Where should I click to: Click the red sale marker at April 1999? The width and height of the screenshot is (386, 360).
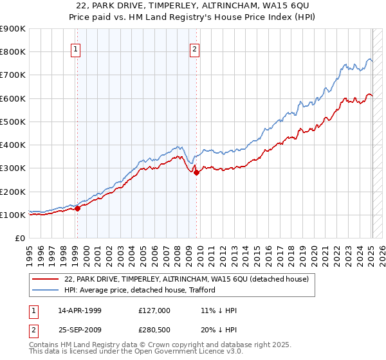coord(77,208)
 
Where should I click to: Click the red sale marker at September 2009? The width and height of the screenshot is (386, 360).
coord(196,172)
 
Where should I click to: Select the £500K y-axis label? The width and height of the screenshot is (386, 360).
coord(13,122)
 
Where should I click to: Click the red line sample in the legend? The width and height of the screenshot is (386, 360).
coord(45,279)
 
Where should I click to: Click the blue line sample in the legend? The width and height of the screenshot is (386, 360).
coord(45,290)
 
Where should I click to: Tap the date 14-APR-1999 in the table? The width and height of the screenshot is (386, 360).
coord(80,310)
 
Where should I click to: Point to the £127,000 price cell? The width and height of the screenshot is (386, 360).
coord(154,310)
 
